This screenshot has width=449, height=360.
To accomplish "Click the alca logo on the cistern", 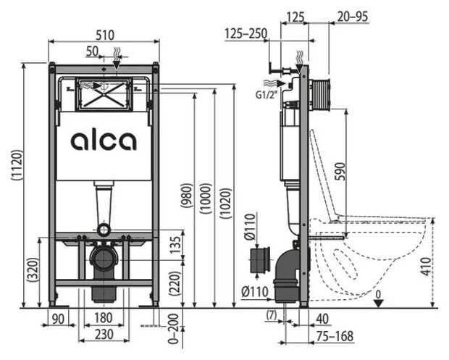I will [104, 140].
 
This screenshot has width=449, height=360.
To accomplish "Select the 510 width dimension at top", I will [104, 34].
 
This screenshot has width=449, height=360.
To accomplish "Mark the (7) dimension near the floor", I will [271, 315].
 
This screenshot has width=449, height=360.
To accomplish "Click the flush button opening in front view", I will [104, 93].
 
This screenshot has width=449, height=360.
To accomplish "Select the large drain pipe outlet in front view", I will [104, 257].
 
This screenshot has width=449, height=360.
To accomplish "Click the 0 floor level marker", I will [378, 295].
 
